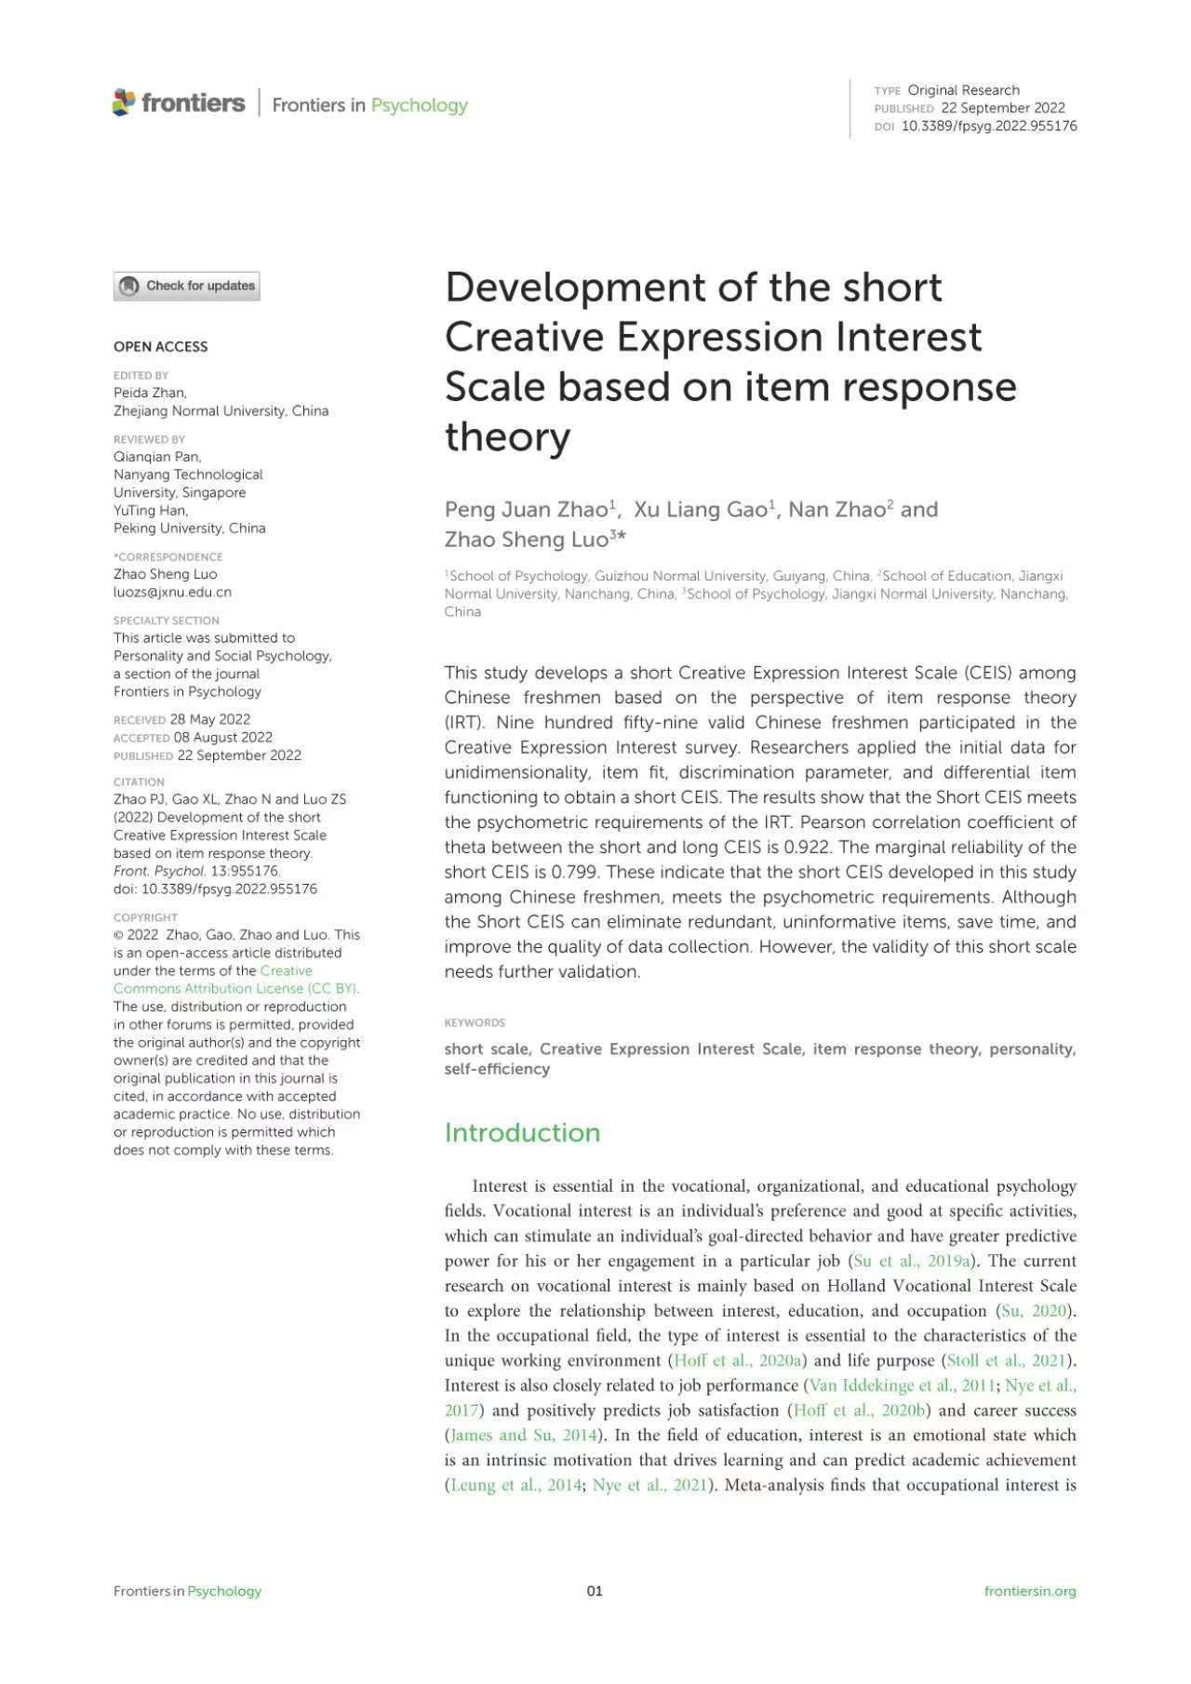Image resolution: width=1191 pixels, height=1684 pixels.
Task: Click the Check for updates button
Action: (x=187, y=286)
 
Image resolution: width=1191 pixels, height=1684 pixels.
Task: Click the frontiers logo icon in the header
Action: (x=124, y=102)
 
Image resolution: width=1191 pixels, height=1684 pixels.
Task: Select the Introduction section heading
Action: (x=522, y=1132)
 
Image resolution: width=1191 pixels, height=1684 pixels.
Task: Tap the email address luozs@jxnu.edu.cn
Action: (x=172, y=592)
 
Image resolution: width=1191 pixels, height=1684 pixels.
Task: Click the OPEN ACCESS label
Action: (x=160, y=347)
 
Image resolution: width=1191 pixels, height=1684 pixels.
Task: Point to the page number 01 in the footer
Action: (x=595, y=1591)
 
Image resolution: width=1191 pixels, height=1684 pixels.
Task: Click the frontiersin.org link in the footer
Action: (x=1030, y=1591)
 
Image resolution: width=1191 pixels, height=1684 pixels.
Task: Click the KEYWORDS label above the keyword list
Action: (x=475, y=1022)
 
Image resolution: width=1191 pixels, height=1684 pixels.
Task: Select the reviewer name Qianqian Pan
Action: (x=156, y=457)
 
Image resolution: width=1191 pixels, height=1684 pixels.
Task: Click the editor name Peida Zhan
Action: (x=150, y=393)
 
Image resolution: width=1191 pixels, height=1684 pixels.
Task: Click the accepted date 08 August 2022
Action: (x=223, y=737)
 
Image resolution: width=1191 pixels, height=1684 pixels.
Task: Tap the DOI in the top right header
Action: (x=989, y=126)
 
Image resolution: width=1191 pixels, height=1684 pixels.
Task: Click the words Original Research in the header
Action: (x=963, y=90)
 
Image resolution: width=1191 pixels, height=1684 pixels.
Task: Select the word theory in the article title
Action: (x=507, y=437)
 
